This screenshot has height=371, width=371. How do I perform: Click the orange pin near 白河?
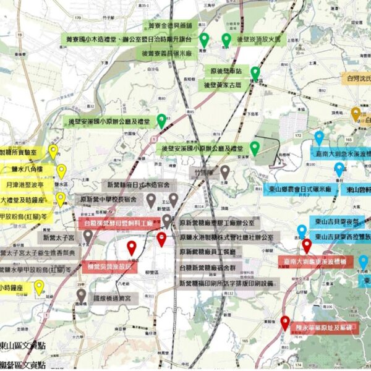click(356, 114)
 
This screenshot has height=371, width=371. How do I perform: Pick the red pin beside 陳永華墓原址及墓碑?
click(284, 323)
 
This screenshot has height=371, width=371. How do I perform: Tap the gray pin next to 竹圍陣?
click(225, 172)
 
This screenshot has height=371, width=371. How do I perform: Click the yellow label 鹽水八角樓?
click(27, 169)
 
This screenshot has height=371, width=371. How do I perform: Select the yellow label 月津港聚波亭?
click(27, 184)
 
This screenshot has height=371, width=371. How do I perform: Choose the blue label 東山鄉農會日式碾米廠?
click(302, 190)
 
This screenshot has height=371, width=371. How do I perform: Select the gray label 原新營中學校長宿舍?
click(111, 200)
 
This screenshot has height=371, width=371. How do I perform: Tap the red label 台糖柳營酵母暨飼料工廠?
click(117, 222)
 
